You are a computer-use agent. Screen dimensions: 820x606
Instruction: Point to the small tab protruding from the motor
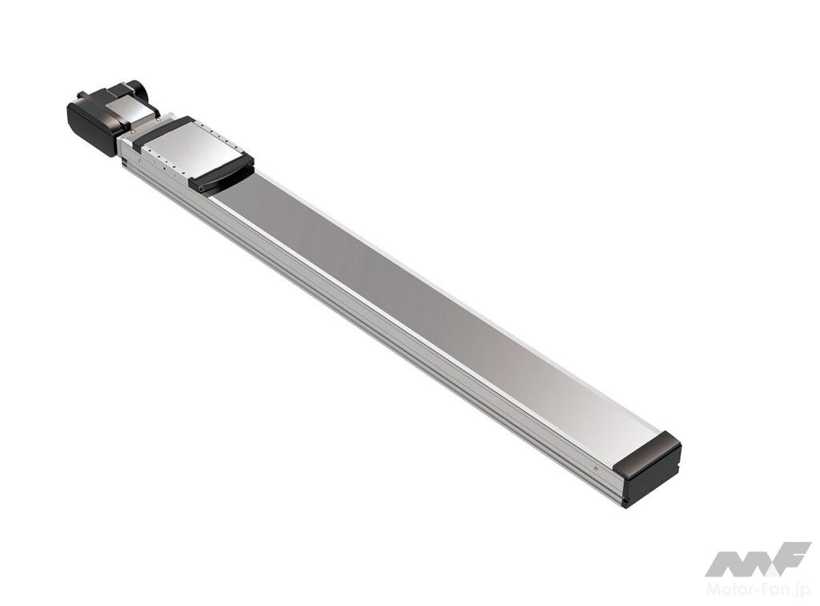tap(83, 95)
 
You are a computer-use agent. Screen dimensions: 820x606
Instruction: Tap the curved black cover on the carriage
tap(222, 175)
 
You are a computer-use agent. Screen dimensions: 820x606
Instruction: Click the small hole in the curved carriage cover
tap(199, 185)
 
